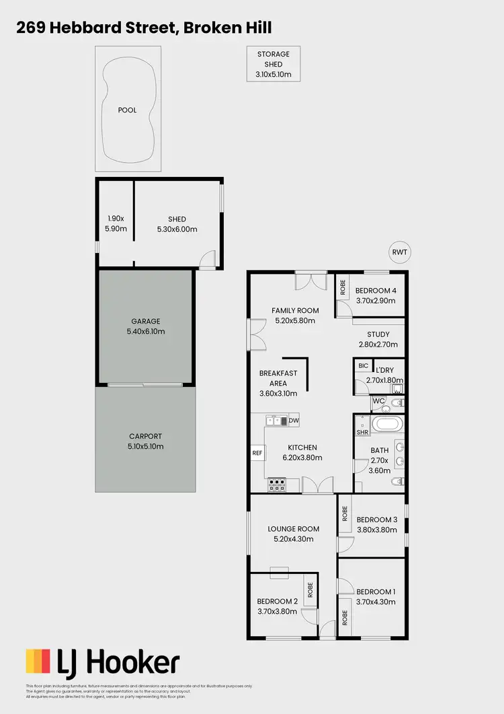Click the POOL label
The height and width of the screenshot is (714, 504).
[127, 110]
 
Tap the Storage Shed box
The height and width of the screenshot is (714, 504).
[273, 64]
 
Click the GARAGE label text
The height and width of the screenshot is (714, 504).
[146, 322]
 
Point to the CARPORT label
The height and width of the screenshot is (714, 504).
[146, 436]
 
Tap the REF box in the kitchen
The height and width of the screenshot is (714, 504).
[257, 454]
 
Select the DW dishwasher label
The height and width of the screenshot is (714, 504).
[294, 421]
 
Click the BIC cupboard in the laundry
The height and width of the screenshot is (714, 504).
[364, 366]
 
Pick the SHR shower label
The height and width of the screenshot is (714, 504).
[362, 433]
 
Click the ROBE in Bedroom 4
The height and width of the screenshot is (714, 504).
[342, 287]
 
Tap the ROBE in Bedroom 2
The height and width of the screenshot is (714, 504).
[310, 590]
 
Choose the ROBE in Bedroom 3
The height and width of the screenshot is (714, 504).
[344, 514]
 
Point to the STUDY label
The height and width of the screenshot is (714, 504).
[378, 334]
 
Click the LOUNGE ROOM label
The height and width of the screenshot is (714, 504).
[293, 529]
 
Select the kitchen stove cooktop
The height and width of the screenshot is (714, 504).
[276, 481]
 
